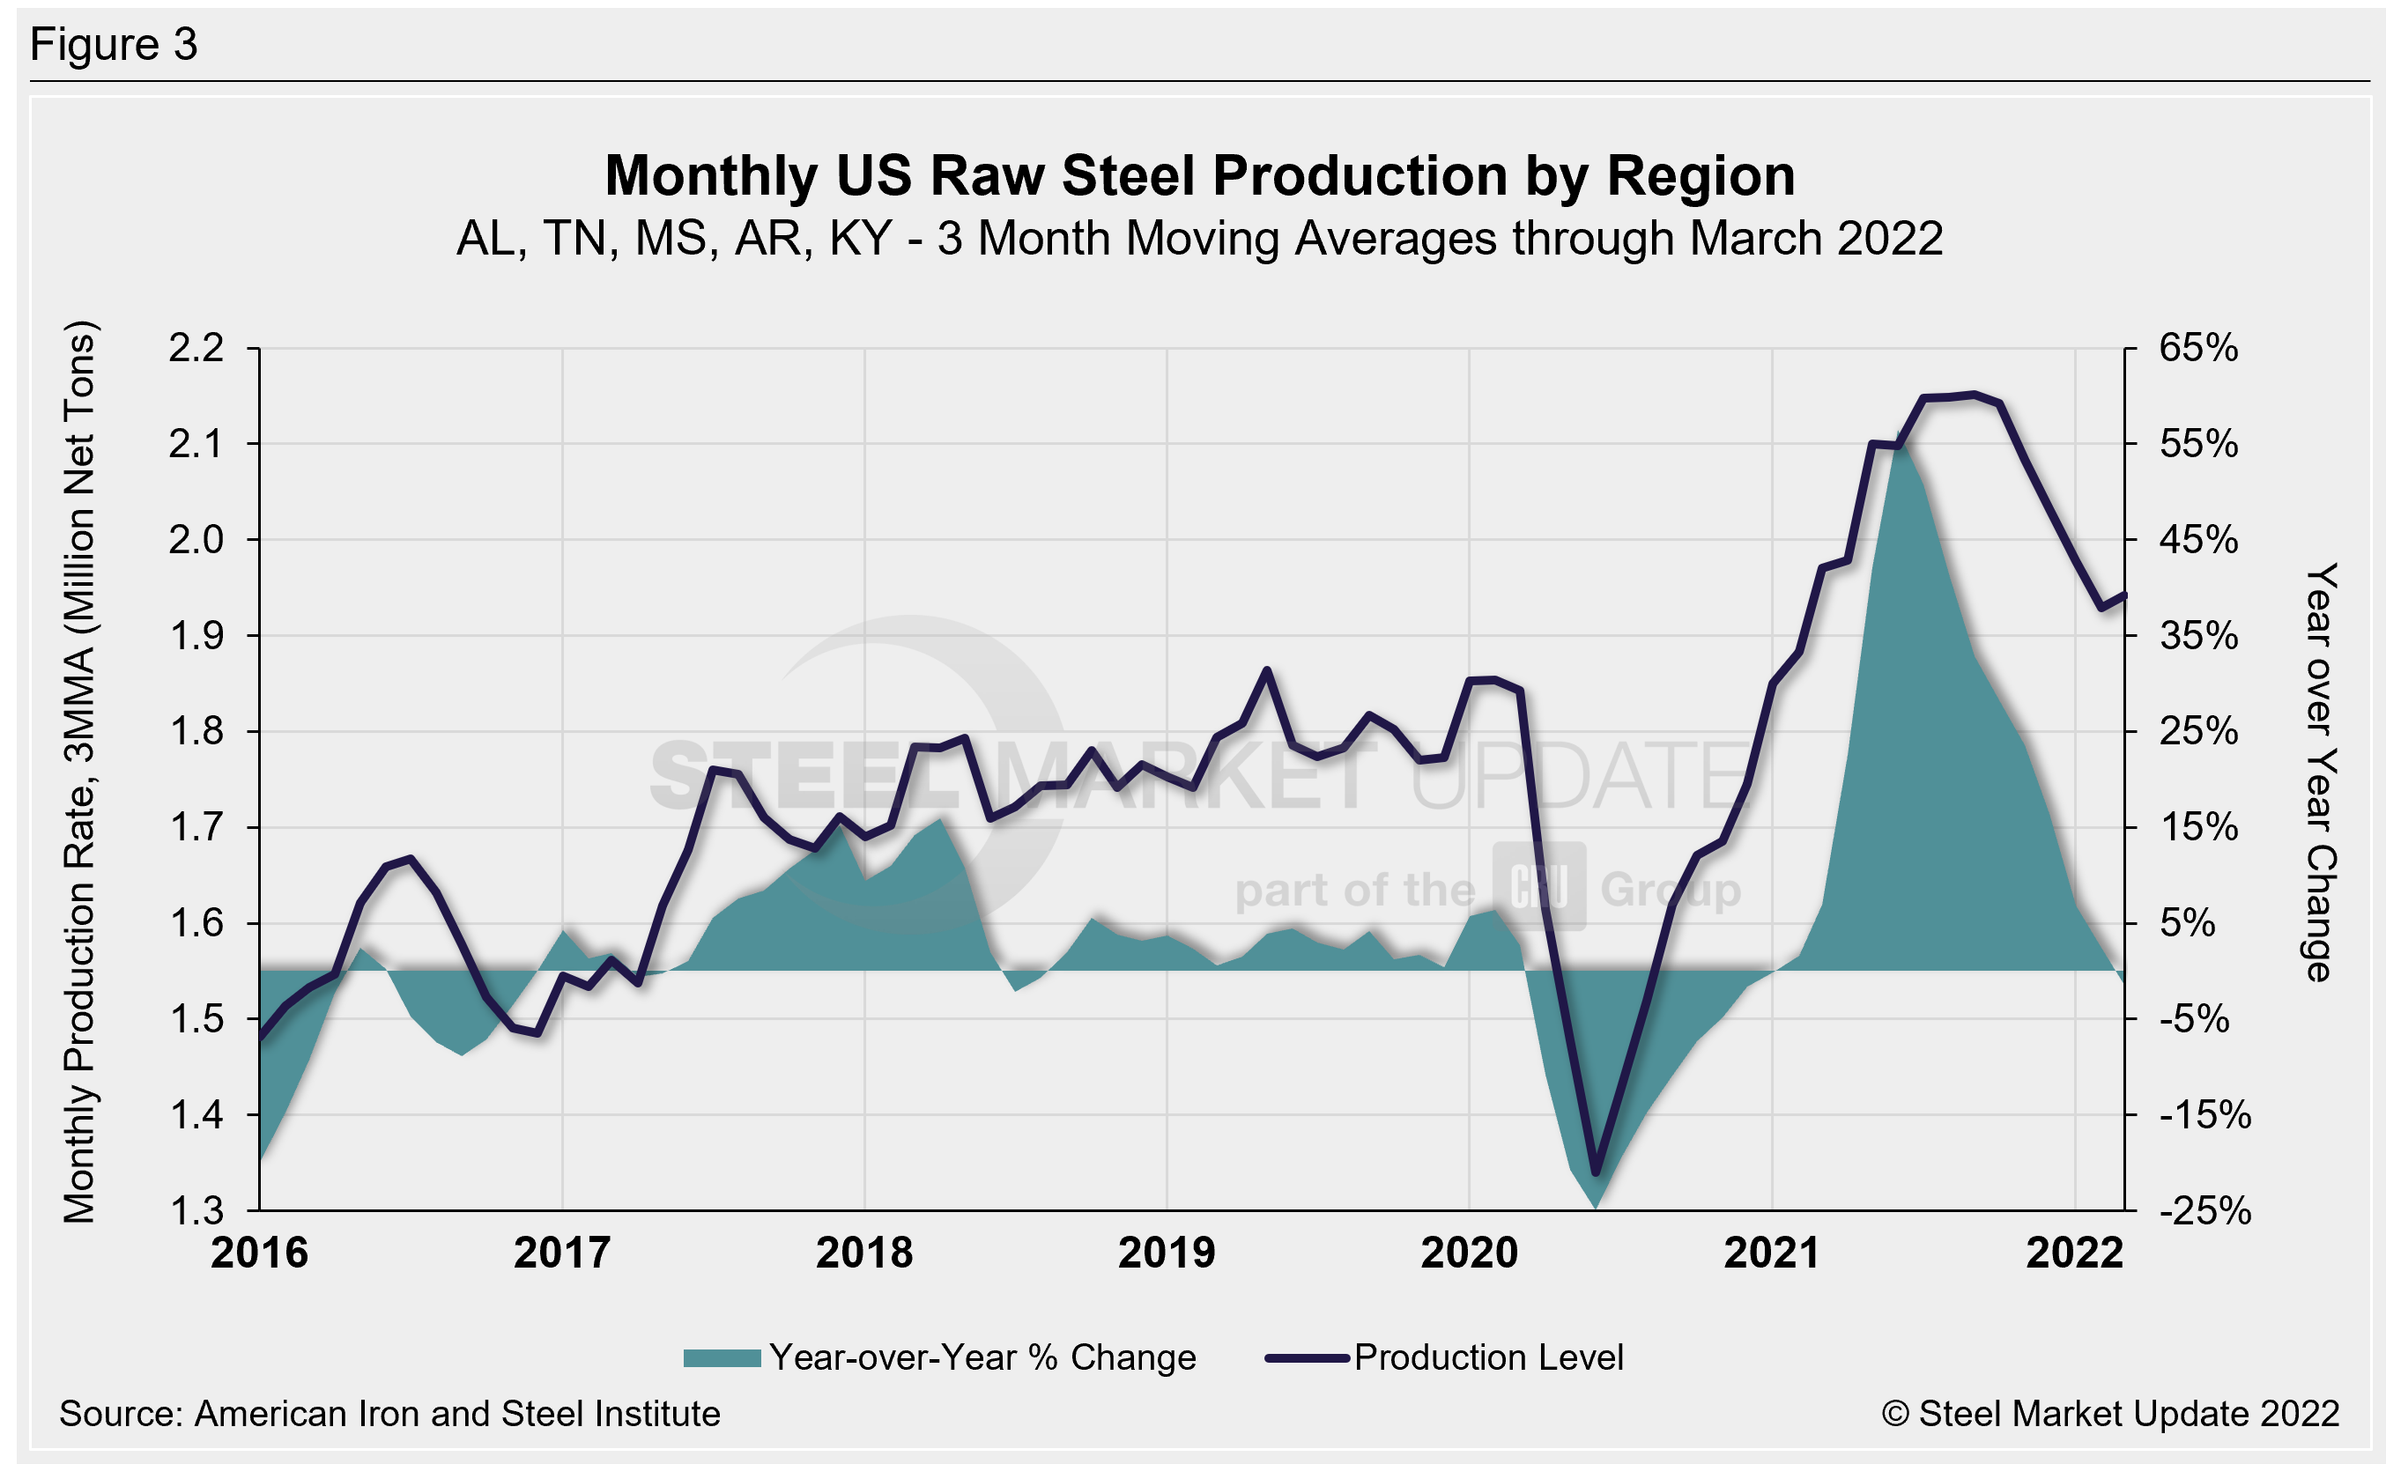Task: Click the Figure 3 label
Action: tap(115, 45)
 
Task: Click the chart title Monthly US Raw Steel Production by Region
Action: tap(1200, 176)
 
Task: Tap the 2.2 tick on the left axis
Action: tap(196, 349)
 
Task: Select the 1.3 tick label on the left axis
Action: tap(196, 1211)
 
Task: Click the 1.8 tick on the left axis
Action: tap(196, 732)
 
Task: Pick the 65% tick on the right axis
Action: tap(2198, 349)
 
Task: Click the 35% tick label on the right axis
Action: tap(2198, 636)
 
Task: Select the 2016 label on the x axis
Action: tap(260, 1253)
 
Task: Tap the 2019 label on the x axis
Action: tap(1166, 1253)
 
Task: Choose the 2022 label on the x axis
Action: tap(2074, 1253)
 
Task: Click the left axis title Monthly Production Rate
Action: tap(79, 772)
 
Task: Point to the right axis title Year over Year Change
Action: tap(2320, 772)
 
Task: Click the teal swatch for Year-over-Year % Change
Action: tap(722, 1358)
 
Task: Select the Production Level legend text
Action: tap(1488, 1357)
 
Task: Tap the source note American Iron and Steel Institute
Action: tap(389, 1415)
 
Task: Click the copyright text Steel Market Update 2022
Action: tap(2111, 1415)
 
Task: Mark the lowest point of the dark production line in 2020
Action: tap(1596, 1173)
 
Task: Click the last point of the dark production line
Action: tap(2124, 595)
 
